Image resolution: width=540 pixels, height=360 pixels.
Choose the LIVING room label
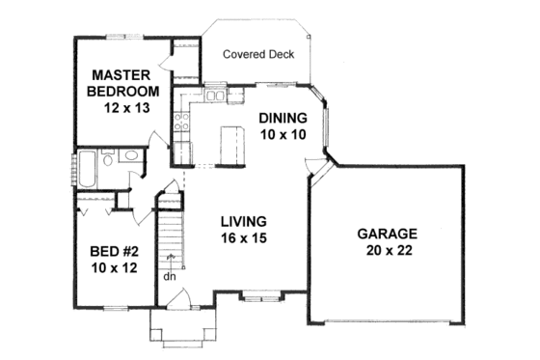pos(241,219)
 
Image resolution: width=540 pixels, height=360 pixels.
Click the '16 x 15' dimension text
pos(241,237)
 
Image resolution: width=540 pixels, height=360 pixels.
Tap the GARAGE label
pos(387,234)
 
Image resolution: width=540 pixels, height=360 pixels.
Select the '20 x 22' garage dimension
pos(387,252)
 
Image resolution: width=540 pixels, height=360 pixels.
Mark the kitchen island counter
pos(229,146)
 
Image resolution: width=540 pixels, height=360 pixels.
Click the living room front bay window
pos(257,292)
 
